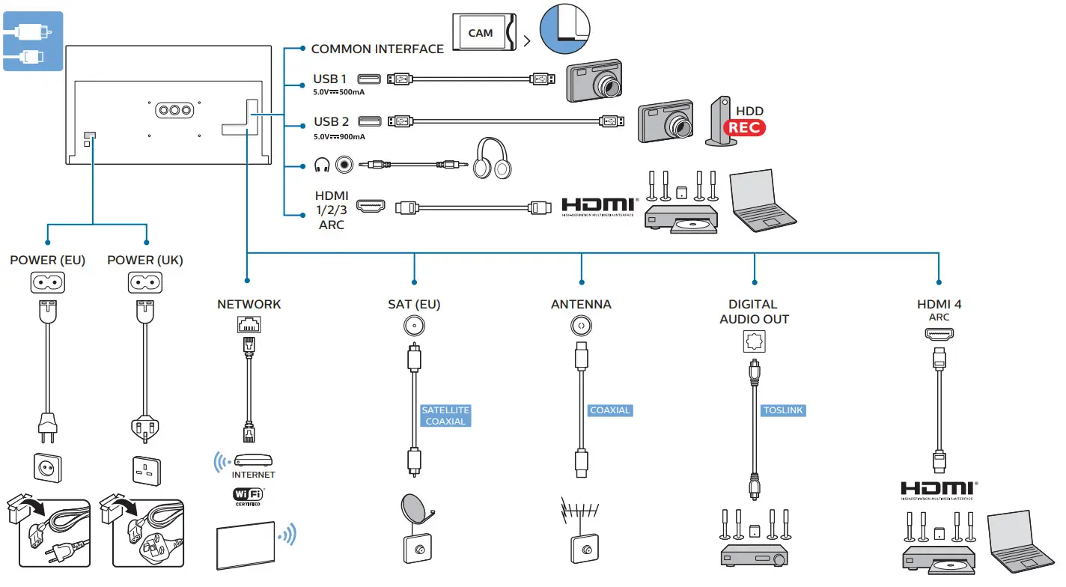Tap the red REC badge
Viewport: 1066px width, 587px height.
point(745,127)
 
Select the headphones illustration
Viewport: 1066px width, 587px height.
point(492,158)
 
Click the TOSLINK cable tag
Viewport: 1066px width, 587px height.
point(783,410)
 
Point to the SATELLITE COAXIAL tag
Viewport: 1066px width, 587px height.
point(445,416)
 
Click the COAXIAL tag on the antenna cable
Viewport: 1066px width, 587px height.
point(610,410)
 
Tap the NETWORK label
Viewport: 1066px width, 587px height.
point(249,304)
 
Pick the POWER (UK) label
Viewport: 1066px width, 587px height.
point(145,260)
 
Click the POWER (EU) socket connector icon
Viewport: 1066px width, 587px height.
point(47,282)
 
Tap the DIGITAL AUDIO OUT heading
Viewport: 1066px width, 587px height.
point(754,311)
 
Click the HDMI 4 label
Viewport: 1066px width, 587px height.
point(939,304)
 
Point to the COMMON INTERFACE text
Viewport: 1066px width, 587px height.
point(377,49)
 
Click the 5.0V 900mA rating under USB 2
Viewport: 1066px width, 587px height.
point(339,136)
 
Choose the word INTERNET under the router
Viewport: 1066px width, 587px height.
point(253,475)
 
